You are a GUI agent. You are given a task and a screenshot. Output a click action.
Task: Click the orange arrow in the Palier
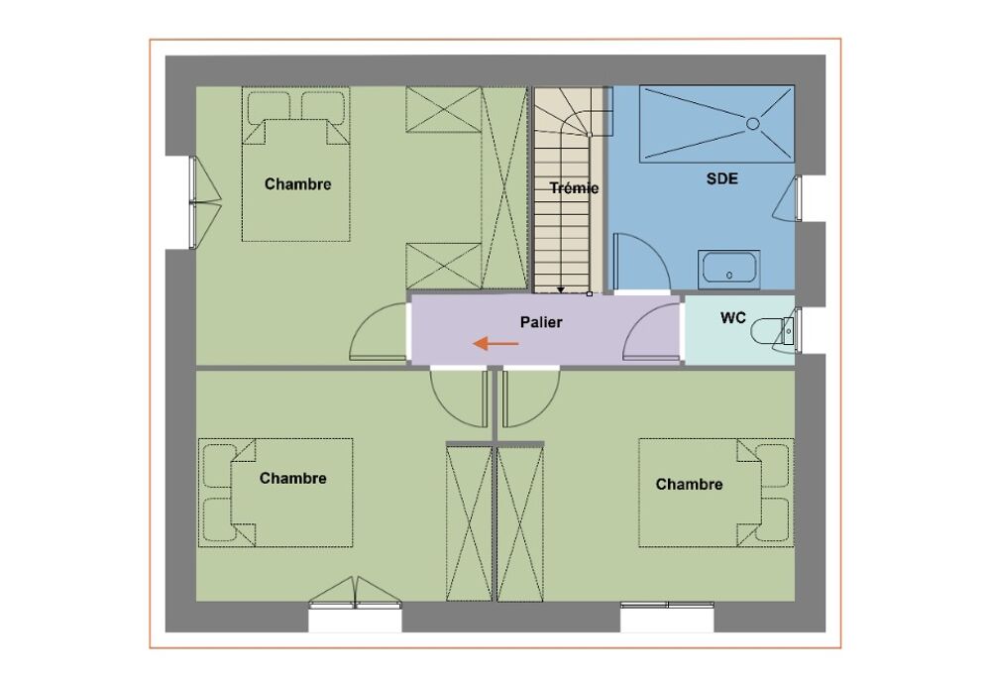pos(496,344)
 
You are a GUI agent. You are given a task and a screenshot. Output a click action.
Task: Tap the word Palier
pos(541,322)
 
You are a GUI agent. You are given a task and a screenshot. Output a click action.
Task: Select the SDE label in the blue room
pos(721,178)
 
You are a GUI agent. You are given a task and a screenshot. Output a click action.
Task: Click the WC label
pos(733,318)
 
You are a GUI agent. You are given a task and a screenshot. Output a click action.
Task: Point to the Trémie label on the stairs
pos(574,187)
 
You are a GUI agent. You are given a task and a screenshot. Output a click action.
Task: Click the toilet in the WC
pos(772,331)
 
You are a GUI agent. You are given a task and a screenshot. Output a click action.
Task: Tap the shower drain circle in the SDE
pos(753,124)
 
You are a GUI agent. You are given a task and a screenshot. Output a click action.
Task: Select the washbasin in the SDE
pos(728,270)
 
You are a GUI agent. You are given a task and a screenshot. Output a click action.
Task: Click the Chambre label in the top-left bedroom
pos(297,184)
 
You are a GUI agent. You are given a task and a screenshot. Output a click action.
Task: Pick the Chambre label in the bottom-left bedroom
pos(292,478)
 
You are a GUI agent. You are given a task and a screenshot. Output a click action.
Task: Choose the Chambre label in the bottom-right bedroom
pos(689,485)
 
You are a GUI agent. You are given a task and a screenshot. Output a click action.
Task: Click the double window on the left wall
pos(194,202)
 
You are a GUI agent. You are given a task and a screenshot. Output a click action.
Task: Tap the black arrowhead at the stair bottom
pos(561,290)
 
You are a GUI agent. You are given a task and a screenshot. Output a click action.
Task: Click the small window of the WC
pos(798,331)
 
